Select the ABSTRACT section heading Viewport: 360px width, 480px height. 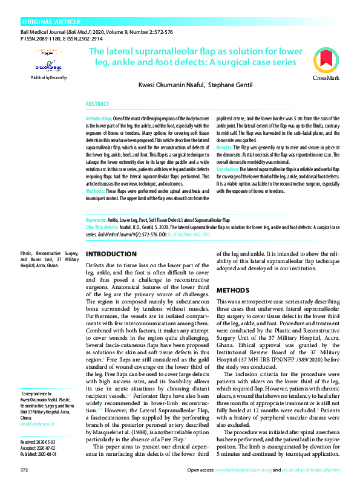point(97,104)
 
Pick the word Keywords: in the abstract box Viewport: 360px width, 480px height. point(97,219)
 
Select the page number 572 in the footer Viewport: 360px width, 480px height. point(25,469)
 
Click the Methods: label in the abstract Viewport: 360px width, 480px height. point(98,191)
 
